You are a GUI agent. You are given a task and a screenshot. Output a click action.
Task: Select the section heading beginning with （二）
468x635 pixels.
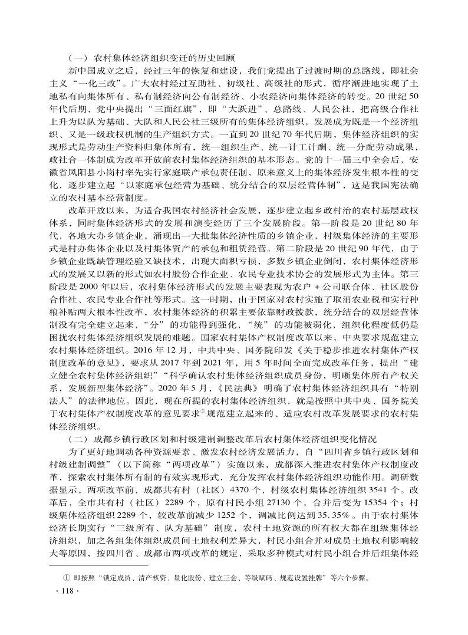click(x=223, y=456)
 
